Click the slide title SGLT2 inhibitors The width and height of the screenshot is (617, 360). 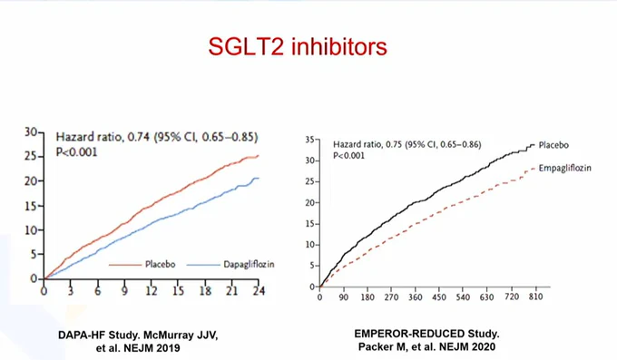298,47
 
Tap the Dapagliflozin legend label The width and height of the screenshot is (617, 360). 249,265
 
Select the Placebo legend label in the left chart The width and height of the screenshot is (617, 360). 161,264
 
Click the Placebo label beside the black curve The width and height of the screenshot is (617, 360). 553,145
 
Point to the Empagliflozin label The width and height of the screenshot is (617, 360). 565,169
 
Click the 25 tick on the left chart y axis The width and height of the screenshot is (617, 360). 31,157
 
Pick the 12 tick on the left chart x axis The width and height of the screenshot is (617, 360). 152,291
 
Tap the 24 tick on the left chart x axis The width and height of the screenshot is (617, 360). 259,291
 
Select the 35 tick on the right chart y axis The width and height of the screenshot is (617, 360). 309,140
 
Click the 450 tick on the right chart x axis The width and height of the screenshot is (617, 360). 439,297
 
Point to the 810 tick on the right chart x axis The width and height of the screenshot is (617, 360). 536,297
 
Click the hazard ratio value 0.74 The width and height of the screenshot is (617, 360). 139,137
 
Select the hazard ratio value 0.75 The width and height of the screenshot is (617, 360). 393,144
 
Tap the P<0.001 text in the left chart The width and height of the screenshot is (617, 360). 76,151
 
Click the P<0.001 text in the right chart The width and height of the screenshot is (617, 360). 348,156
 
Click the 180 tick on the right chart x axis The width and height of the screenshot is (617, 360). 367,297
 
